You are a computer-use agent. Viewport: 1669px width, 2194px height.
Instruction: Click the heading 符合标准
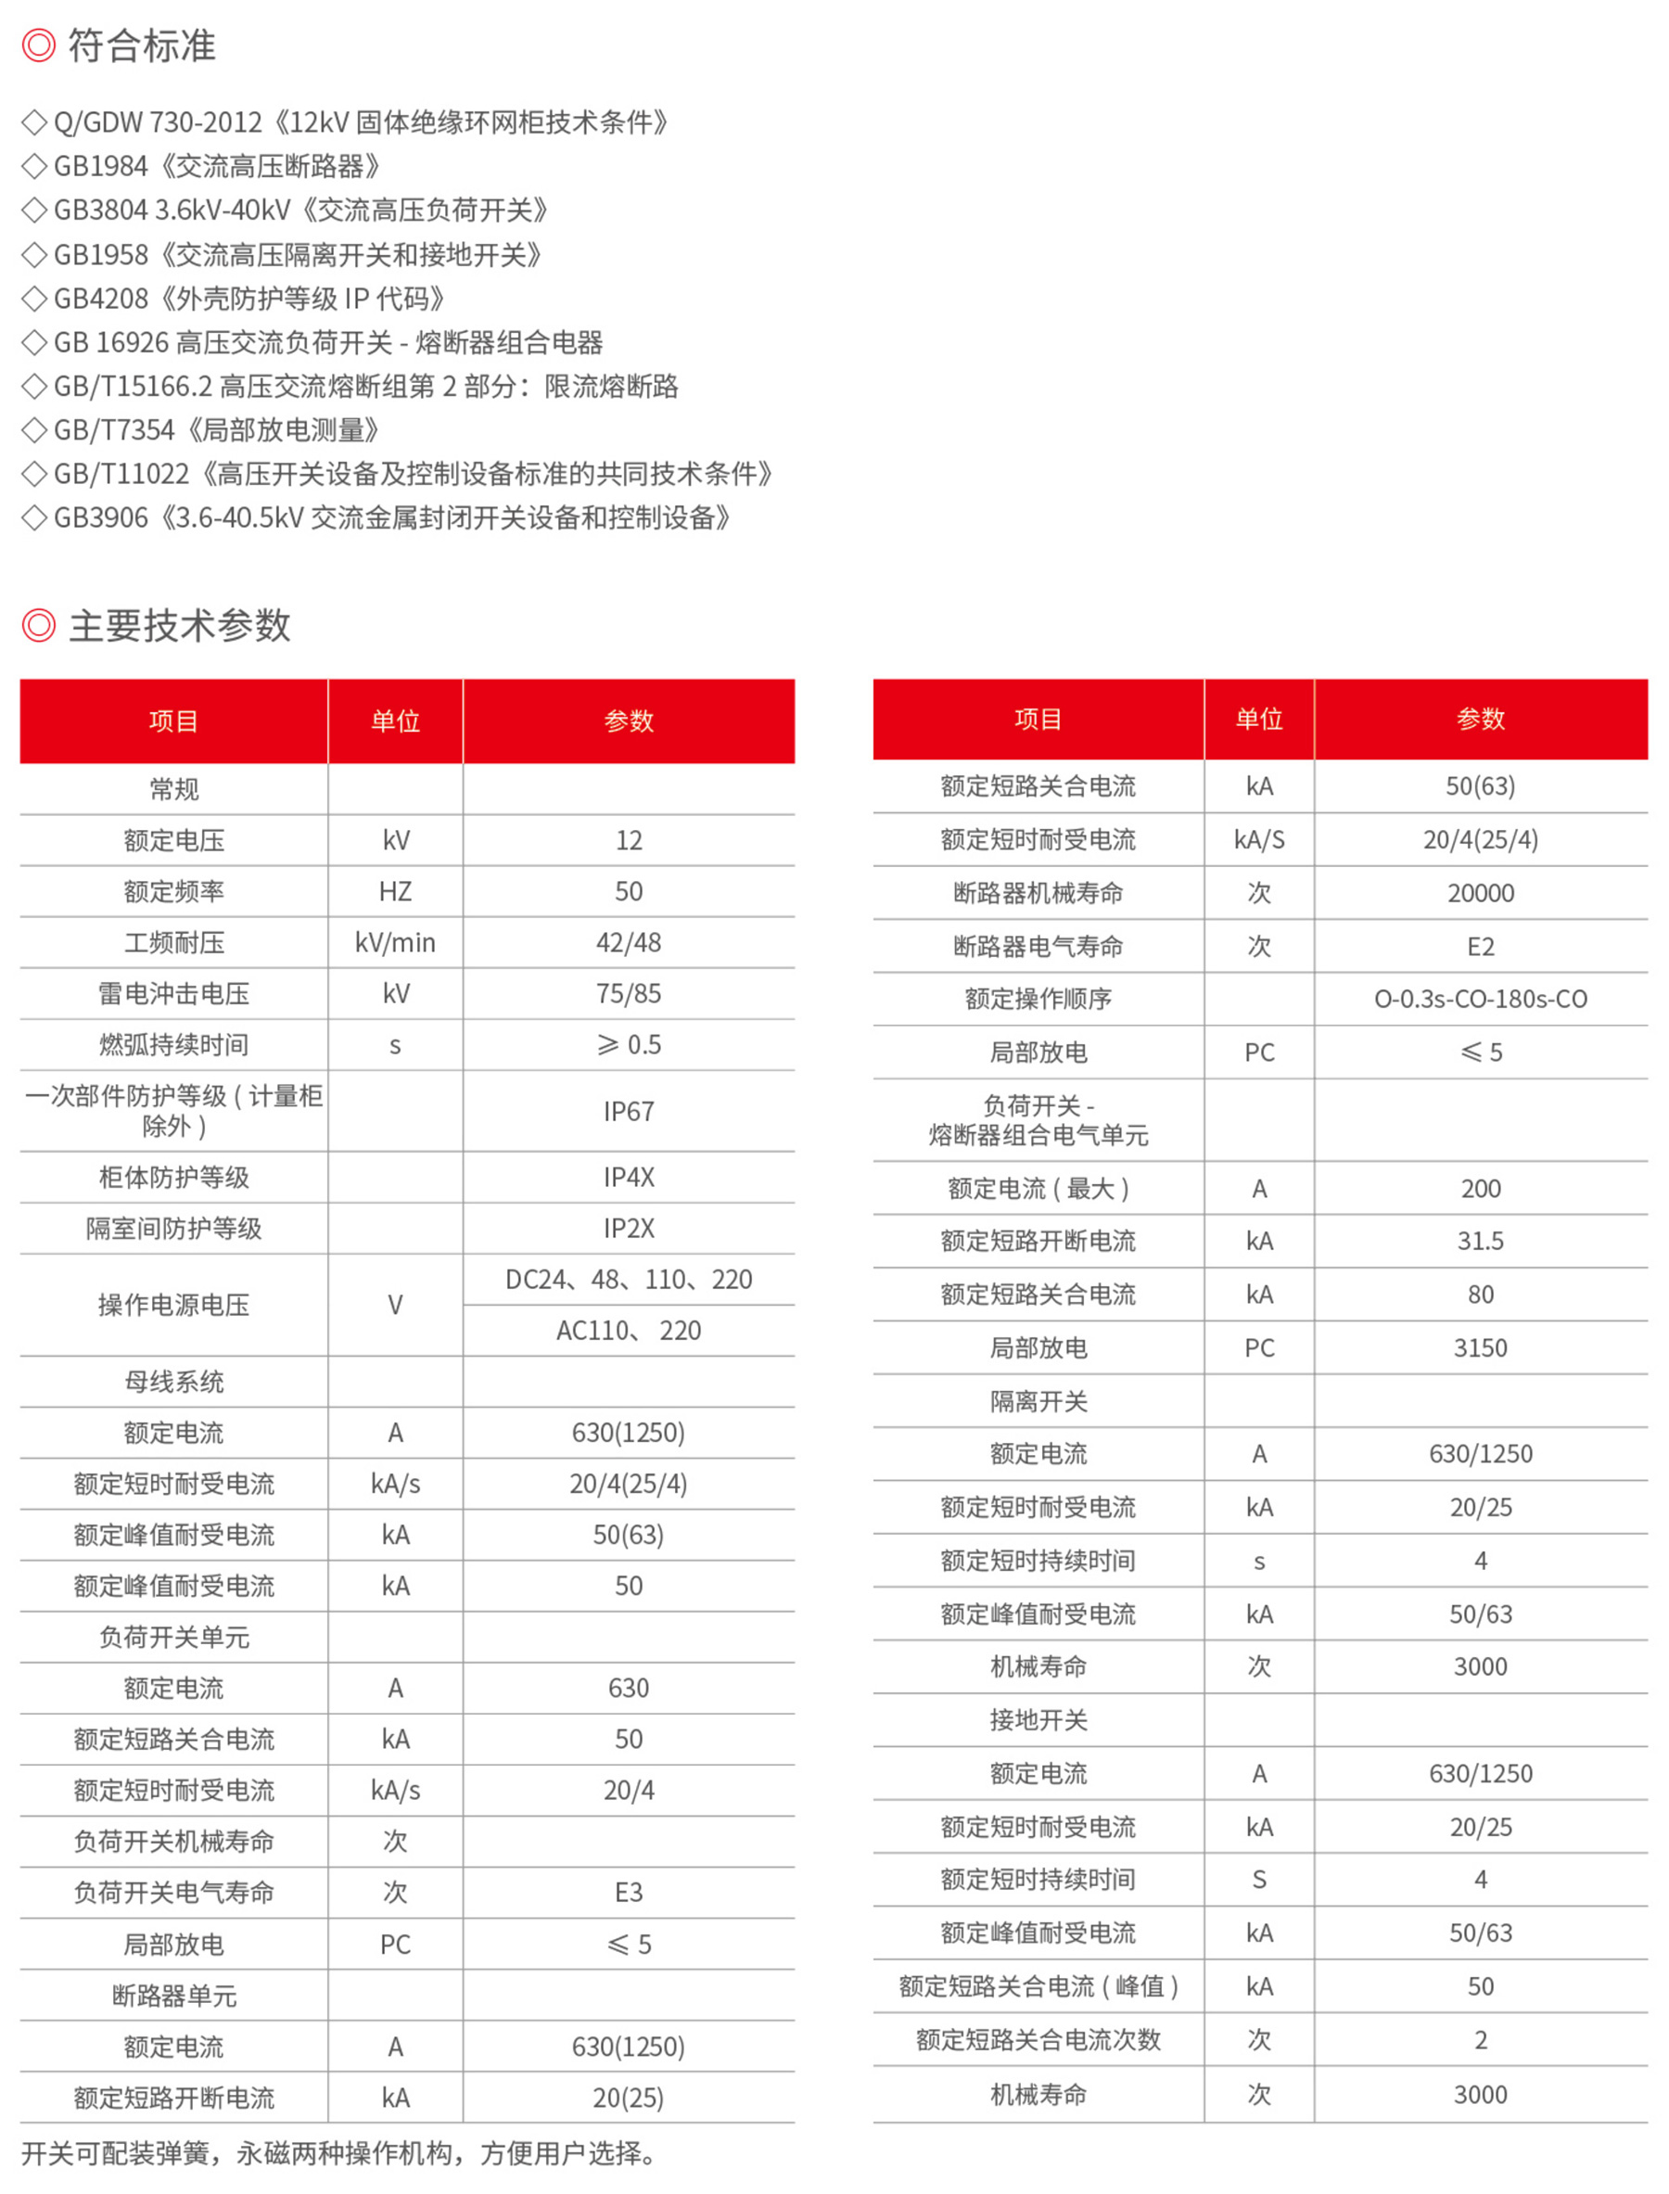tap(141, 45)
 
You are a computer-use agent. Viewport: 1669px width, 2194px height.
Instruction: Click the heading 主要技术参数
tap(179, 625)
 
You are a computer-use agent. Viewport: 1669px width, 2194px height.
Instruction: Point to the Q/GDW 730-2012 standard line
tap(360, 122)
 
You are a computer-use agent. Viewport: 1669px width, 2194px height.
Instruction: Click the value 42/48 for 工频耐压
tap(628, 942)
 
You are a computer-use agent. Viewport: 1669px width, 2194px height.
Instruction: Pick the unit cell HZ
tap(394, 891)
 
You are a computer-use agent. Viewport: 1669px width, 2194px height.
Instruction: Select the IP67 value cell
tap(628, 1111)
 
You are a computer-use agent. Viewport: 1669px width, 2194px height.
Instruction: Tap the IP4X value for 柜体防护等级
tap(628, 1178)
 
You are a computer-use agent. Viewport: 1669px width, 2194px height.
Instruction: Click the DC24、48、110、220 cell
tap(628, 1279)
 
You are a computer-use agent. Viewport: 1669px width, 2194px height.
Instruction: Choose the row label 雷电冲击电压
tap(174, 994)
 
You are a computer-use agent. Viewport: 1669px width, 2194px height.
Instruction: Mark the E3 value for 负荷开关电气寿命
tap(628, 1892)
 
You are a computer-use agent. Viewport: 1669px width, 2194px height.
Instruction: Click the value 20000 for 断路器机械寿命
tap(1480, 893)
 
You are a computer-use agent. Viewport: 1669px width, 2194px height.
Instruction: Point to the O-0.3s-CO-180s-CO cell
tap(1480, 999)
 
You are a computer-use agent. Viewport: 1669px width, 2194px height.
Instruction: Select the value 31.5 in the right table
tap(1480, 1241)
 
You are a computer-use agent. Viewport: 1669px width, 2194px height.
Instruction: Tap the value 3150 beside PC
tap(1480, 1348)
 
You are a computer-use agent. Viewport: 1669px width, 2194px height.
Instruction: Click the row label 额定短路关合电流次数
tap(1038, 2040)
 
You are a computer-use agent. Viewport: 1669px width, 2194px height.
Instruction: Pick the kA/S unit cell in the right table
tap(1259, 839)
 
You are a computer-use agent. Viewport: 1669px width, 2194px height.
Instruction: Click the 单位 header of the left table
tap(394, 721)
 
